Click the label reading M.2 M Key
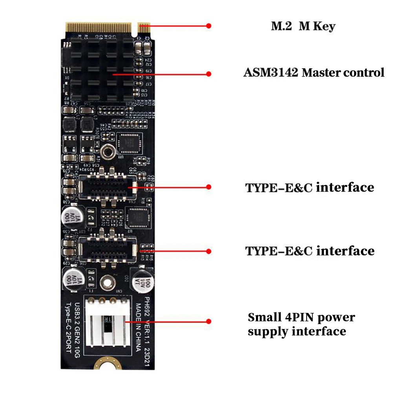pyautogui.click(x=303, y=26)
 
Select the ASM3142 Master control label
pyautogui.click(x=314, y=73)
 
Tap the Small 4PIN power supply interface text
pyautogui.click(x=301, y=324)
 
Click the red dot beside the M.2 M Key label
pyautogui.click(x=209, y=26)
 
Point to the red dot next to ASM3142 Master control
pyautogui.click(x=209, y=73)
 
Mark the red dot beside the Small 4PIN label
pyautogui.click(x=209, y=322)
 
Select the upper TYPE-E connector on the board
pyautogui.click(x=108, y=186)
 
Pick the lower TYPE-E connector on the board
pyautogui.click(x=108, y=249)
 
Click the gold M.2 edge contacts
pyautogui.click(x=100, y=27)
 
